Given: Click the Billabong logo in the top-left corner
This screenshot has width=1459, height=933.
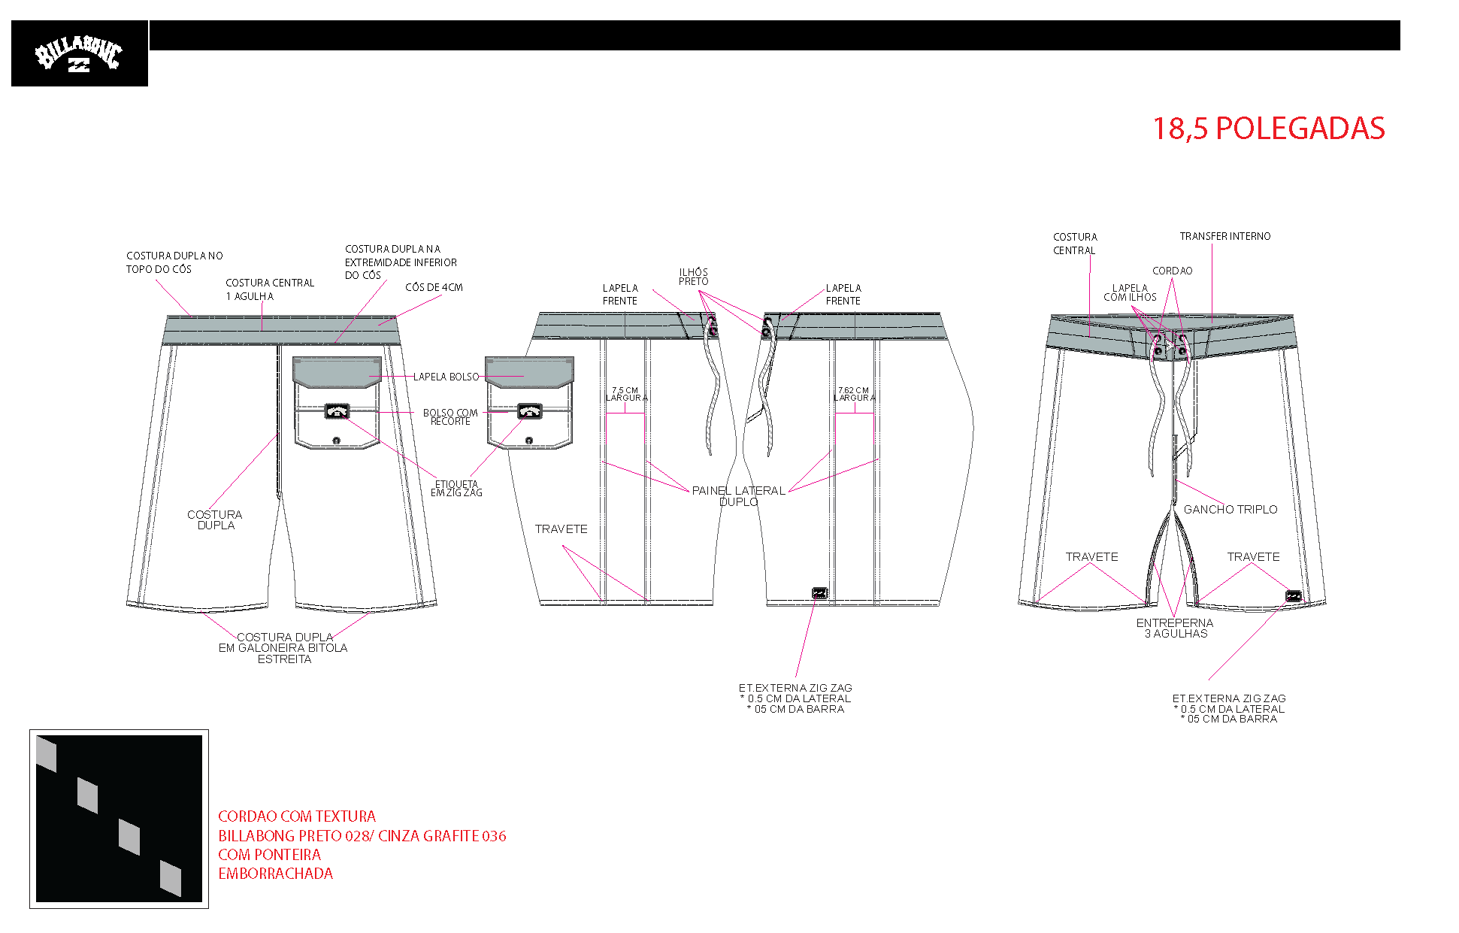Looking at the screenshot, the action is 79,53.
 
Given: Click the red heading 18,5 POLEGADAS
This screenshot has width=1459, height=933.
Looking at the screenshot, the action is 1268,129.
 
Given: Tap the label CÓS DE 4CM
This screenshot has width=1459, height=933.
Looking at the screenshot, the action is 434,287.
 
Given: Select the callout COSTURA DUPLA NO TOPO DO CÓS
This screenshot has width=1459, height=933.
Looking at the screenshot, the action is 174,262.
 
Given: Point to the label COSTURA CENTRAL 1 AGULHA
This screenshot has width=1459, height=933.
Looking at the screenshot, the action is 270,289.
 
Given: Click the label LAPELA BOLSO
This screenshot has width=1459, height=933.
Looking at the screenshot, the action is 446,377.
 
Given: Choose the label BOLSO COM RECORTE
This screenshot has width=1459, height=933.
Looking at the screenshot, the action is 450,417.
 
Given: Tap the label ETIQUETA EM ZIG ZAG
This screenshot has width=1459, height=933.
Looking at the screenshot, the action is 456,489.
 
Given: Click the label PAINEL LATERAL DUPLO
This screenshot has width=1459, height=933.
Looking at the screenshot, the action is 738,496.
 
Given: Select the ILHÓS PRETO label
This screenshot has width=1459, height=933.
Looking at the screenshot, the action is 693,277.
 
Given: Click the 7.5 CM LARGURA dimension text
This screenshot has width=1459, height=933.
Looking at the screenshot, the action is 626,394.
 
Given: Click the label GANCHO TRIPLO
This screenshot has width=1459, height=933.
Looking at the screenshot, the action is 1230,510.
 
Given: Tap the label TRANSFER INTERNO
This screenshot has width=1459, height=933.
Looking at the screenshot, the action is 1225,236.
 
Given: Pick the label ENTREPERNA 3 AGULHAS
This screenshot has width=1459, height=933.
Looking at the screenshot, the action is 1175,629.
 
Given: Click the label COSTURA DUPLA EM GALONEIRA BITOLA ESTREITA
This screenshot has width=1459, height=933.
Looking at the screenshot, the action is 283,648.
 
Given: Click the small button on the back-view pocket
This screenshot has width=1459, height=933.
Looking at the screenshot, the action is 336,441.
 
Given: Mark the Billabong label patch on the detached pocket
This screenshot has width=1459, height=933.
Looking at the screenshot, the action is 530,411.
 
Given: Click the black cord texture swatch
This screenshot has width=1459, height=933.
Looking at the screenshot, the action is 119,819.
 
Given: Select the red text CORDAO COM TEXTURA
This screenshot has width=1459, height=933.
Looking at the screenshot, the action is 297,816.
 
